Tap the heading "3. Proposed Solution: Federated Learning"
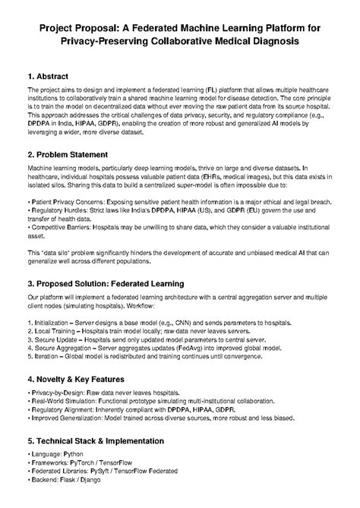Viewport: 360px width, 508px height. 114,282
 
